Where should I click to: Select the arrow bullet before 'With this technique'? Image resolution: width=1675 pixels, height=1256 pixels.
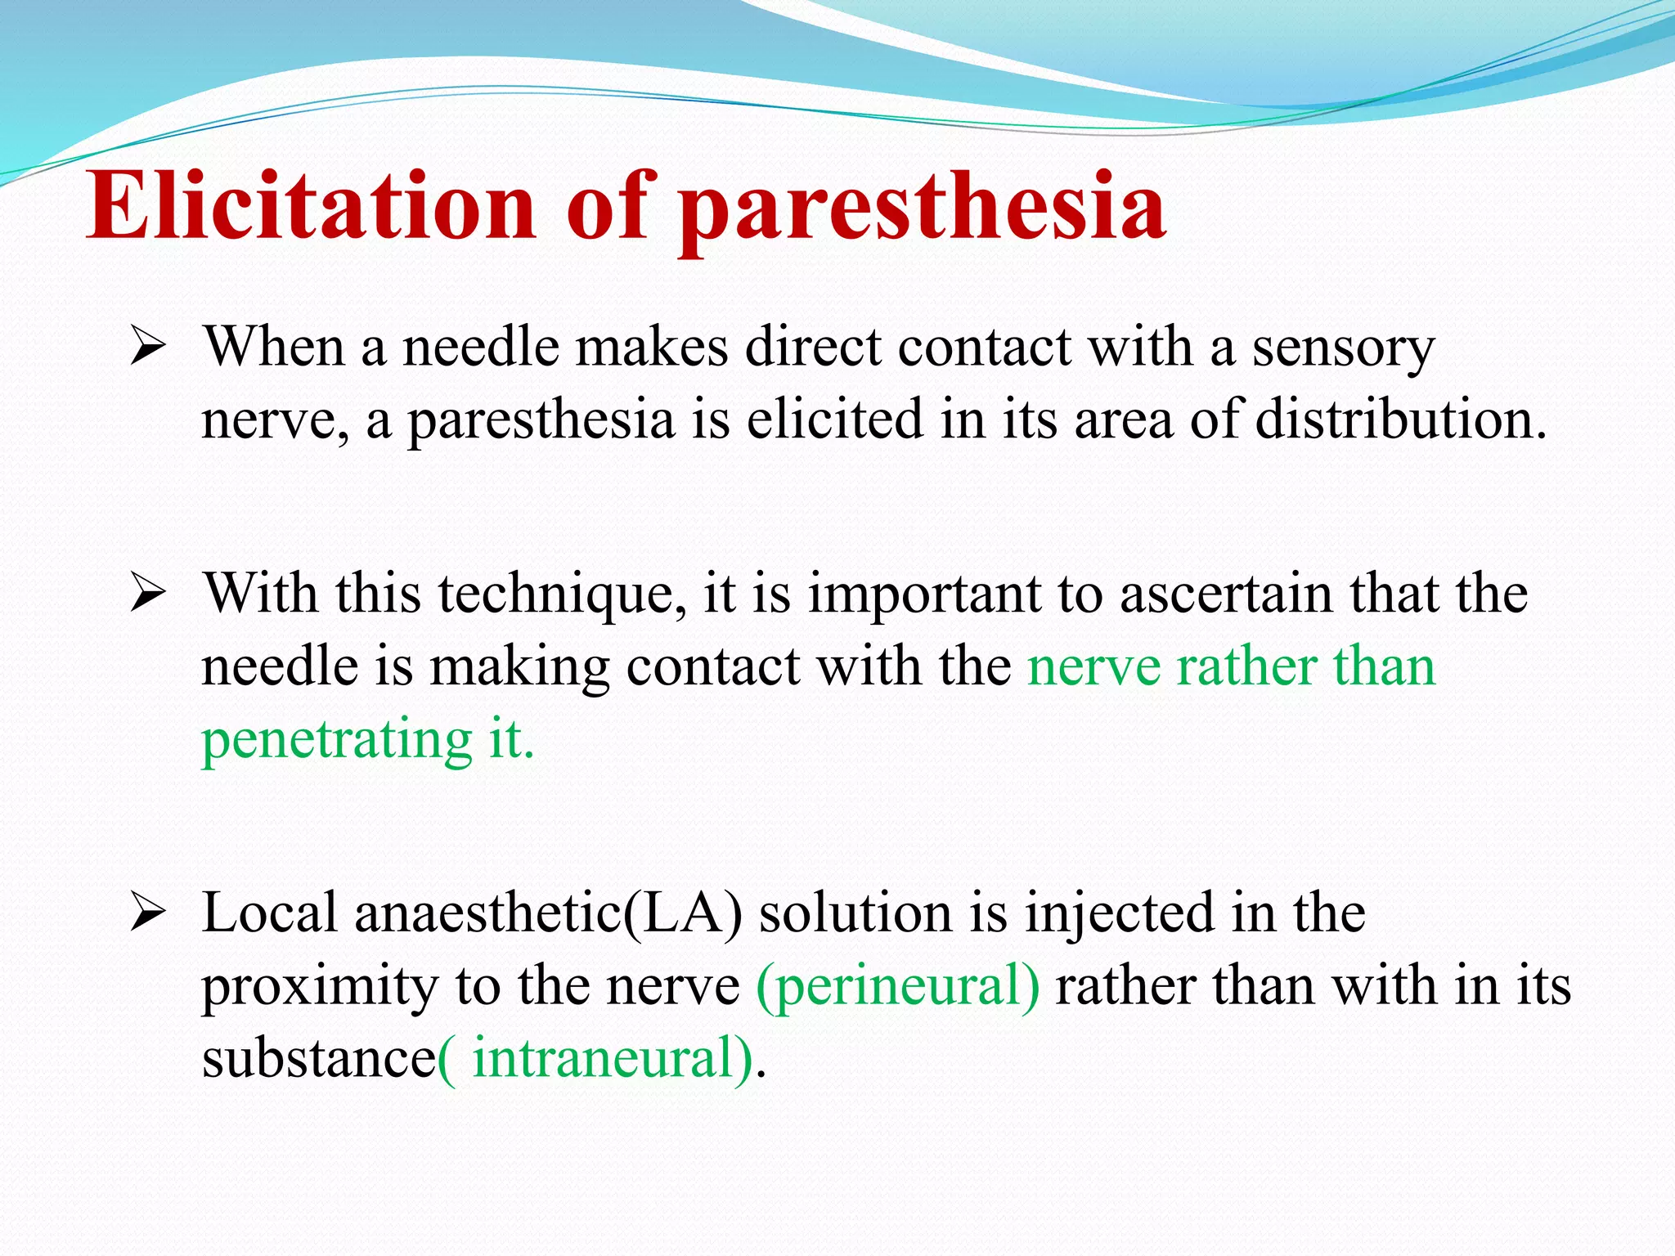click(148, 594)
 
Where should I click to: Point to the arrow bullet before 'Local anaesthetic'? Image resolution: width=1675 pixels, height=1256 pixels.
click(148, 913)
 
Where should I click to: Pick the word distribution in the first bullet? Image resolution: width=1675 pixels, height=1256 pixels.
click(1400, 419)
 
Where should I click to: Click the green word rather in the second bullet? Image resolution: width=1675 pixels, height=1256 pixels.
click(1247, 666)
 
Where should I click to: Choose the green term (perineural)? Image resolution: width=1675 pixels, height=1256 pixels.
click(898, 986)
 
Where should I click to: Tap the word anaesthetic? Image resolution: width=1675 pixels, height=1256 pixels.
click(487, 913)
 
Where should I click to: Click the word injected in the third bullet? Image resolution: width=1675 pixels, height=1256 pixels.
click(1120, 913)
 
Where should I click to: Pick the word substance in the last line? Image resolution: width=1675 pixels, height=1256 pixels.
click(319, 1058)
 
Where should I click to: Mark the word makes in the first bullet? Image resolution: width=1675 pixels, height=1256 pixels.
click(651, 348)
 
